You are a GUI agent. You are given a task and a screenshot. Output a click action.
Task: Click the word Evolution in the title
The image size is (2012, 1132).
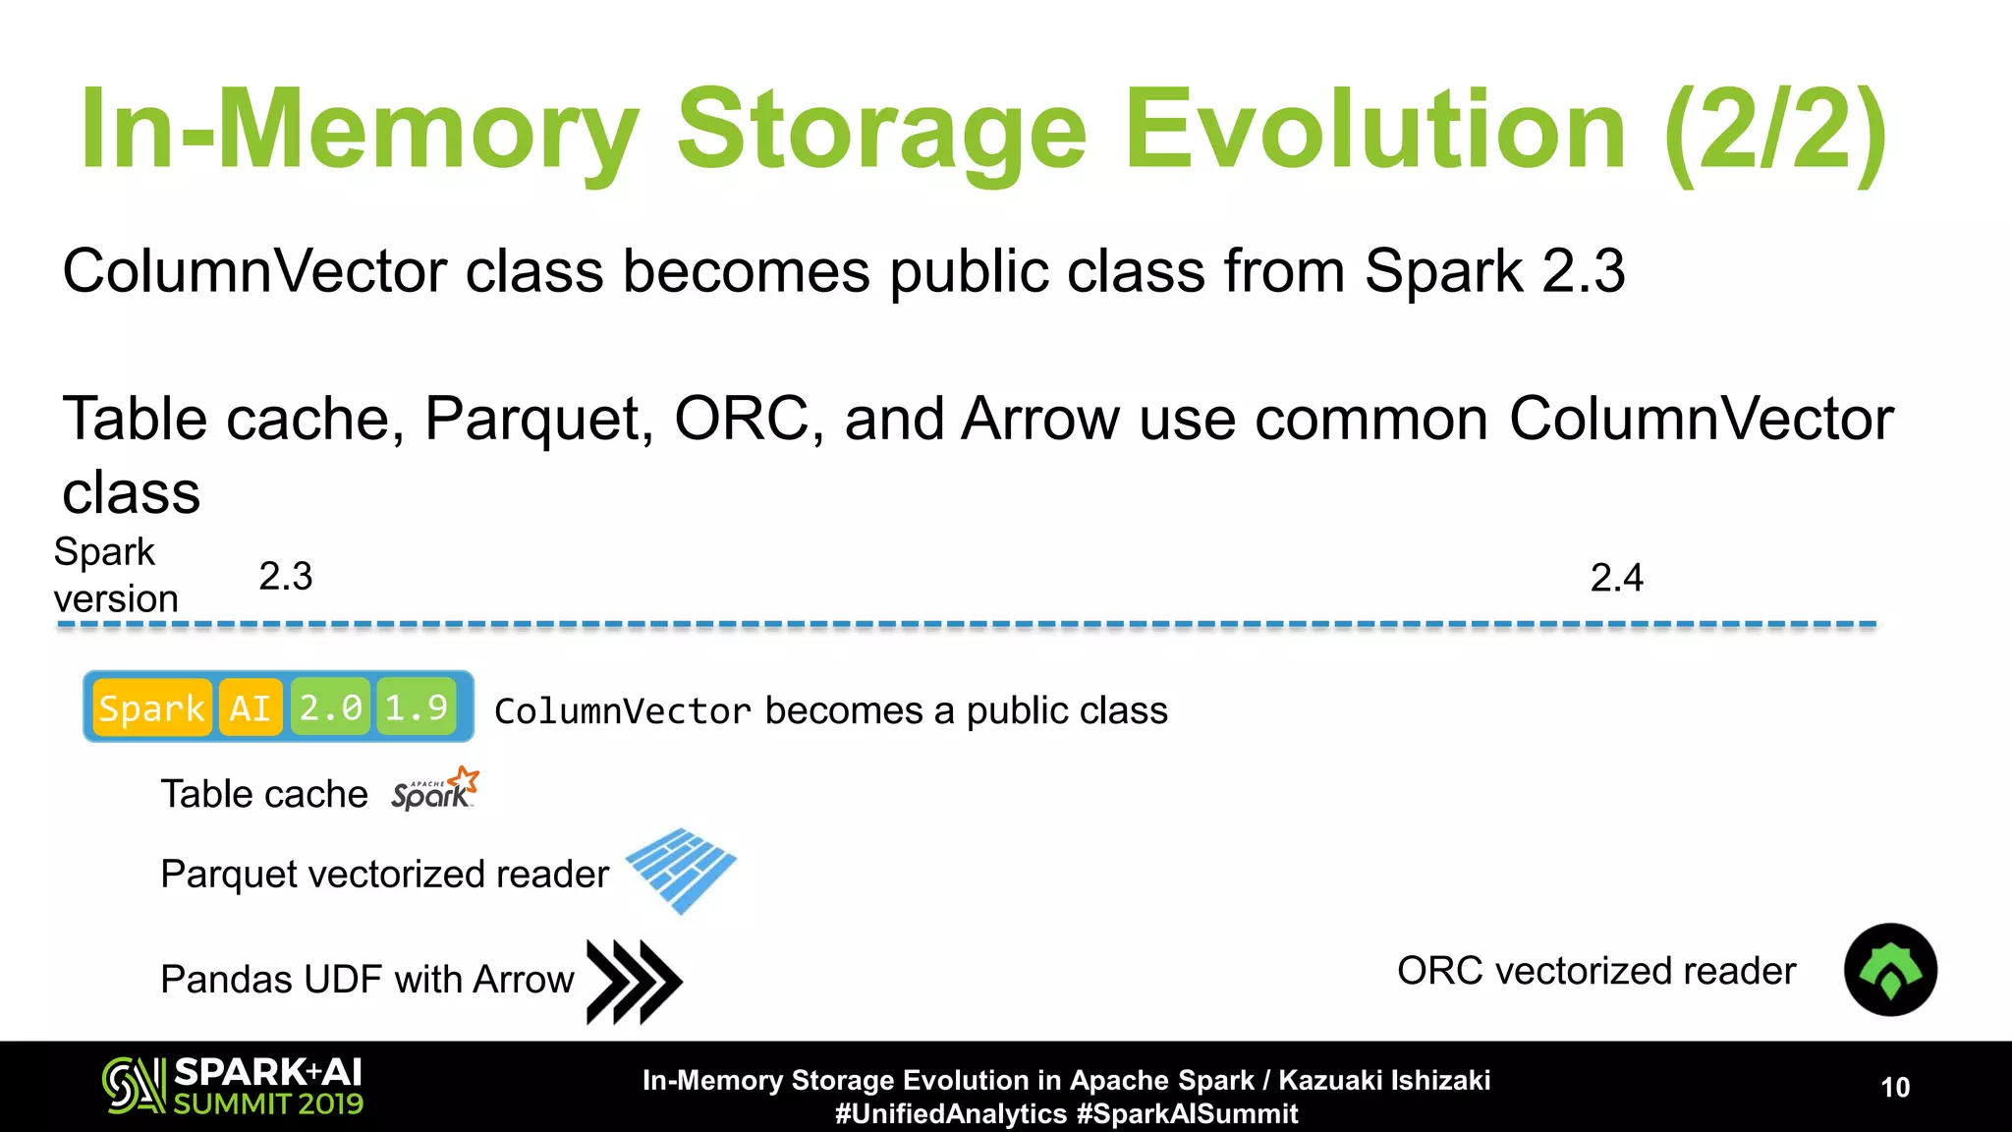(x=1375, y=130)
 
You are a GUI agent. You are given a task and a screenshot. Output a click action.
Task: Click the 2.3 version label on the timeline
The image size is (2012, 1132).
(x=285, y=576)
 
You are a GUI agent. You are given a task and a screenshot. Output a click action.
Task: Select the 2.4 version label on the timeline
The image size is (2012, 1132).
(x=1616, y=578)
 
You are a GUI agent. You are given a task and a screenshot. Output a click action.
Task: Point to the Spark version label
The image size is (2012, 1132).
(x=115, y=575)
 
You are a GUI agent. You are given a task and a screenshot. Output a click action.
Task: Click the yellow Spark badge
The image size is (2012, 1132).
(x=151, y=707)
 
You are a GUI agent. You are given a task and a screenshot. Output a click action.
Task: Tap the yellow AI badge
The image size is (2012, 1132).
(x=250, y=707)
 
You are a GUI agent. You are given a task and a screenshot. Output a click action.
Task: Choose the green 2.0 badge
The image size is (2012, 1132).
(x=330, y=707)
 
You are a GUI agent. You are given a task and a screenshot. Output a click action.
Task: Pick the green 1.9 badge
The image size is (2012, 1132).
(x=416, y=707)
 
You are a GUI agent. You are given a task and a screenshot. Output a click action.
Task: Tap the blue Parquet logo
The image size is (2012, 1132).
(x=681, y=870)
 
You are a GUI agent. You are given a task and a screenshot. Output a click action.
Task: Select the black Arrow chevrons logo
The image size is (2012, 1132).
(x=633, y=981)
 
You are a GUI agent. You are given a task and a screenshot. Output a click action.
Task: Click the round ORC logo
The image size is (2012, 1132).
(x=1890, y=970)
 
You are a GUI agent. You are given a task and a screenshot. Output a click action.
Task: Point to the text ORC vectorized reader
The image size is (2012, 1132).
(x=1595, y=971)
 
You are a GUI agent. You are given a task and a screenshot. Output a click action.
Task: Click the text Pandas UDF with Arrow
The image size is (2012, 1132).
(x=366, y=980)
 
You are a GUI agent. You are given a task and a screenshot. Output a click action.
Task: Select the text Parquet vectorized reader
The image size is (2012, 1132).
(x=384, y=874)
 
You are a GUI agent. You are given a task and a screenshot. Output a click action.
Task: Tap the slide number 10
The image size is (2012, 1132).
(x=1894, y=1087)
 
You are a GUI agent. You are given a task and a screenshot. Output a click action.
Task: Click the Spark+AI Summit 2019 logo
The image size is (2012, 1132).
(x=233, y=1086)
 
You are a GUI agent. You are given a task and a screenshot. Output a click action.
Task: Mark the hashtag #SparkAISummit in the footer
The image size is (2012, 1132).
(x=1187, y=1114)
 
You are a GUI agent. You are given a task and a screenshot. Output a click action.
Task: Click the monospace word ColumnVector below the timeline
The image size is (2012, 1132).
(x=622, y=711)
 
